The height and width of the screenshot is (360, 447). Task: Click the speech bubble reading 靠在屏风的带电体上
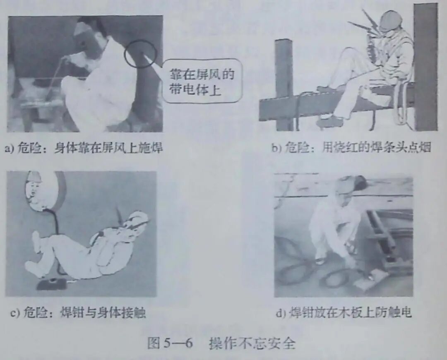(202, 82)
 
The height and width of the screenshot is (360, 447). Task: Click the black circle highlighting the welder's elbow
(141, 53)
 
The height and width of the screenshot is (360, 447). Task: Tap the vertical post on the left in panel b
(284, 83)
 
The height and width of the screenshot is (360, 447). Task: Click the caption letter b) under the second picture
(276, 148)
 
